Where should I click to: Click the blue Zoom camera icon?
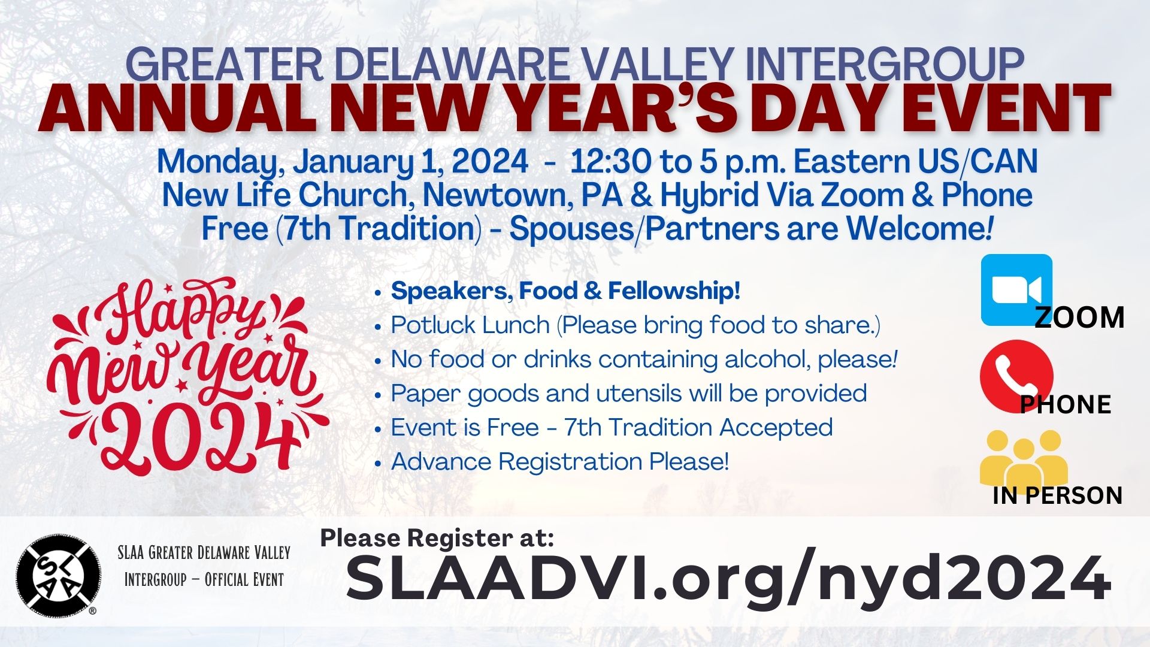(1016, 290)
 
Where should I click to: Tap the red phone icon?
(1016, 376)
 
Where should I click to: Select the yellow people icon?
(1023, 458)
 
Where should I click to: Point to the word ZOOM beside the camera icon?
(1079, 318)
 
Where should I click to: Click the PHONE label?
(1066, 404)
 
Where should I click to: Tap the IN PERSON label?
(1057, 495)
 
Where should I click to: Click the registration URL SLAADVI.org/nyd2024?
(728, 579)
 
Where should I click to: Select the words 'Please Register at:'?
(437, 538)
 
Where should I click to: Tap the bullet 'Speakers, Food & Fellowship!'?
(565, 291)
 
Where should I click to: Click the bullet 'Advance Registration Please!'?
(560, 462)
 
